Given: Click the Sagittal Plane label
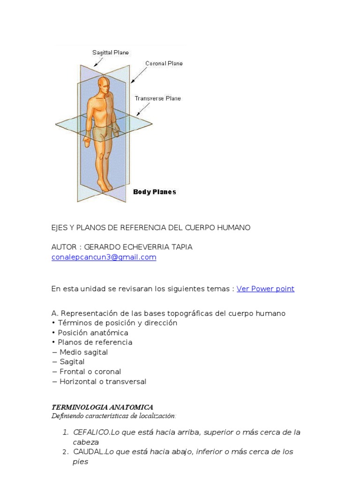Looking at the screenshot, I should [110, 52].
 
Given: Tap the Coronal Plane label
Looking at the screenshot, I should [164, 63].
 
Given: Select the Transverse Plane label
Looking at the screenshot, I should [157, 98].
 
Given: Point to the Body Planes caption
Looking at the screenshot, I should [155, 192].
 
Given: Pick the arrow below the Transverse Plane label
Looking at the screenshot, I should [143, 110].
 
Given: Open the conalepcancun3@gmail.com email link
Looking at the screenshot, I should [104, 257].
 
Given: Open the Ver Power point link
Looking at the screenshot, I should [265, 289].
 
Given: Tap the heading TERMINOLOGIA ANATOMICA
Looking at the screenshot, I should [102, 407].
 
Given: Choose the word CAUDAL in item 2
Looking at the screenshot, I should [89, 452].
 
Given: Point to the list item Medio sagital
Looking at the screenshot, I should [83, 352].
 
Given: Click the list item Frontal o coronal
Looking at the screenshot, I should [90, 372].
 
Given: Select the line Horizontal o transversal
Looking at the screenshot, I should [103, 382].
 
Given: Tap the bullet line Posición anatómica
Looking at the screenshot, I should [93, 333].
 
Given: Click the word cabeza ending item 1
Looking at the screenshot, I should [86, 442].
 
